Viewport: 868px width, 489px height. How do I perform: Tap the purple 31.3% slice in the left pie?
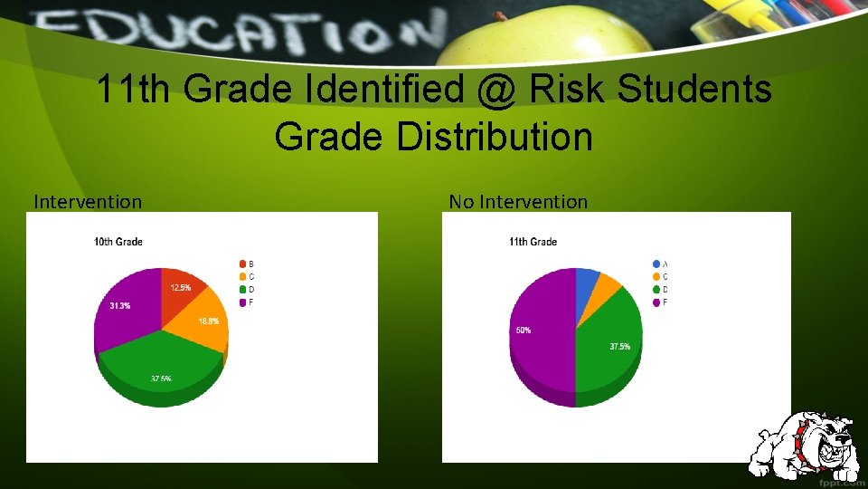point(124,308)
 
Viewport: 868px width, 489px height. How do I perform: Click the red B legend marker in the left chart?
point(242,264)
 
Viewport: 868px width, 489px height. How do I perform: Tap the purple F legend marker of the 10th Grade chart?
point(242,302)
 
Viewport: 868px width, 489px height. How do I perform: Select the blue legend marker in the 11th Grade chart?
point(656,264)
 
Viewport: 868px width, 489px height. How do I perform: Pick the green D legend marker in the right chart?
point(656,290)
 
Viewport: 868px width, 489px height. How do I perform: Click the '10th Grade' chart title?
point(118,242)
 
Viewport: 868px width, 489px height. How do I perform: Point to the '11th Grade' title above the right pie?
point(533,242)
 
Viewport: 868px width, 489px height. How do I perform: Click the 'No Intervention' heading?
point(518,202)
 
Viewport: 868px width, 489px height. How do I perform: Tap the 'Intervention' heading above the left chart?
point(88,202)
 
